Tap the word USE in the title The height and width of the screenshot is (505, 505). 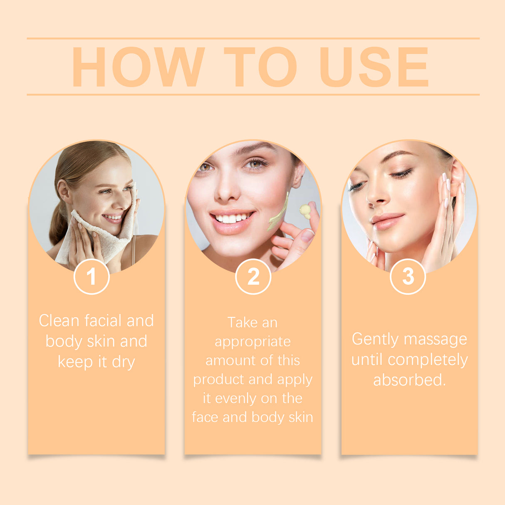(x=374, y=67)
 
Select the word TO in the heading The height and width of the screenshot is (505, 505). (x=260, y=67)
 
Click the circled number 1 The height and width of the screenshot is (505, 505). (x=92, y=277)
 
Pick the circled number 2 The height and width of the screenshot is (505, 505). (x=253, y=277)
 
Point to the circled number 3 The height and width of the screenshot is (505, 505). (x=408, y=276)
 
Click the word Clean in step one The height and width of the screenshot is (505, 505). (x=59, y=321)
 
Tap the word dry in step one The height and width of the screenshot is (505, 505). (x=124, y=362)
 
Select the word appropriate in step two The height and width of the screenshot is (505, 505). (x=252, y=342)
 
